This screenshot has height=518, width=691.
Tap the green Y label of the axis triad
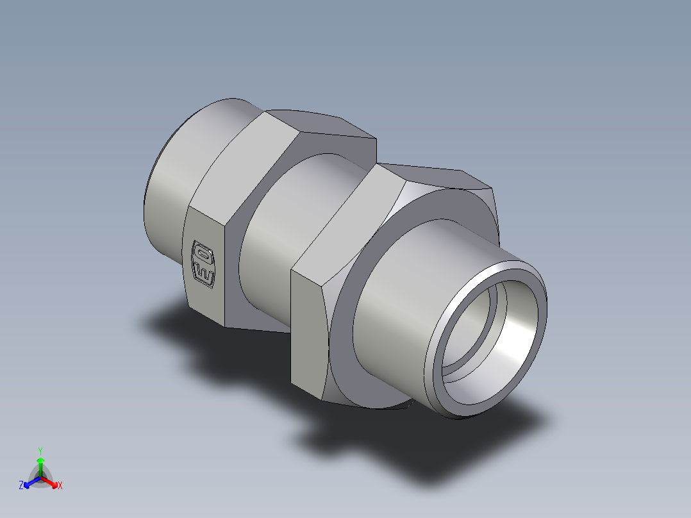(40, 450)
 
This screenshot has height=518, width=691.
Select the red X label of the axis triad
(60, 486)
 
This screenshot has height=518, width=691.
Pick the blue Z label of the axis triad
(21, 486)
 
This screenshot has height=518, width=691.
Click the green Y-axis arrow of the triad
(40, 463)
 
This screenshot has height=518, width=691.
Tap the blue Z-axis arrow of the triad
(29, 481)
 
